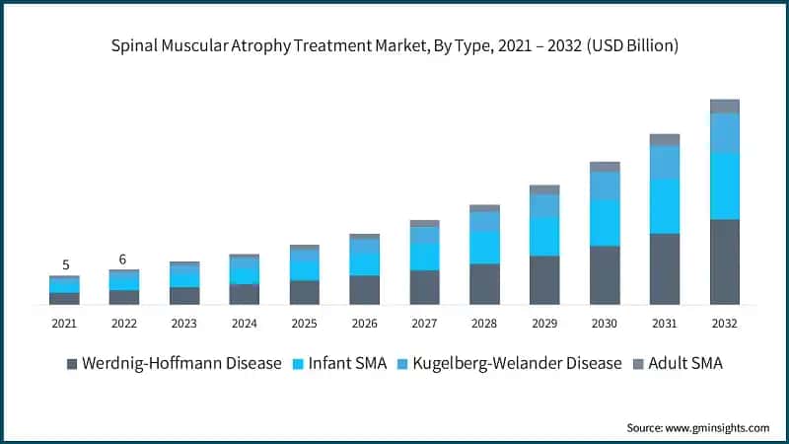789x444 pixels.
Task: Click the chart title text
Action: [x=394, y=46]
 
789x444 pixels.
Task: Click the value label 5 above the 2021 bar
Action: [x=65, y=264]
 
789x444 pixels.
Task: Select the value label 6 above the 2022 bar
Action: [x=123, y=259]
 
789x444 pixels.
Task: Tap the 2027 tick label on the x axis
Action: [x=424, y=323]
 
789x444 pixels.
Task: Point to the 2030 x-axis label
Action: [x=605, y=323]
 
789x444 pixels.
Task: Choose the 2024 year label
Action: [x=244, y=323]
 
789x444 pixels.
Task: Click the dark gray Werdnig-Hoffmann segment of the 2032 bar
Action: [x=725, y=261]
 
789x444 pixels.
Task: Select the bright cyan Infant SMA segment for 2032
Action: [x=725, y=185]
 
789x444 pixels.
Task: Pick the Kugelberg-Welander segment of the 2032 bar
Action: [x=725, y=133]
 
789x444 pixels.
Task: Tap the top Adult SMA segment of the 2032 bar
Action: [x=725, y=107]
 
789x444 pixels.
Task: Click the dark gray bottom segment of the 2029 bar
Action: [x=544, y=280]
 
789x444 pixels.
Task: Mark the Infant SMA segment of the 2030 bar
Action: [x=605, y=222]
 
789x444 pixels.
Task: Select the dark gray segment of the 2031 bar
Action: [x=665, y=268]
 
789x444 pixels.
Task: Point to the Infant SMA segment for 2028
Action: [x=484, y=247]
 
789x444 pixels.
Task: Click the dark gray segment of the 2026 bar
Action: [x=364, y=289]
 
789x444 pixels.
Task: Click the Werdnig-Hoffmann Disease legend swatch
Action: [x=72, y=364]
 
